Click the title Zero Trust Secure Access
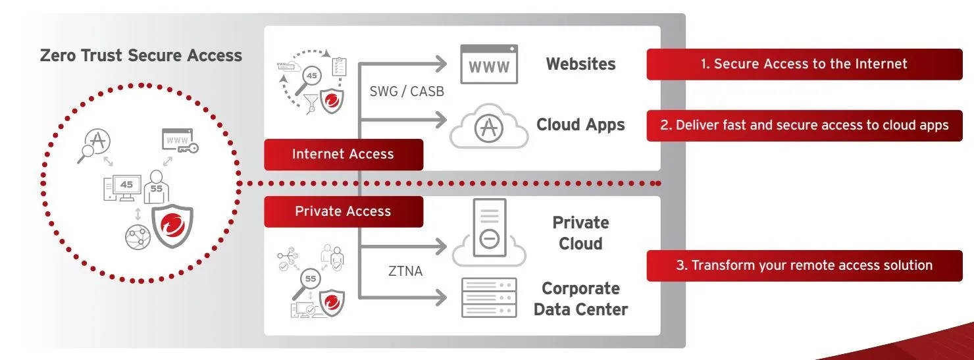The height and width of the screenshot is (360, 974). pos(141,55)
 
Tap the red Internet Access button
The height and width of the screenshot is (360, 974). pos(343,154)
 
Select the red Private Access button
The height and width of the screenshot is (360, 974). pos(343,211)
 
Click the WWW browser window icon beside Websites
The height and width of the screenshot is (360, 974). pos(488,64)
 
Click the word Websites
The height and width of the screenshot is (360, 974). pos(580,64)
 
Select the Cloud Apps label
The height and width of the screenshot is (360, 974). pos(580,124)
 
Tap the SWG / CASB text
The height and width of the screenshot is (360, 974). pos(407,91)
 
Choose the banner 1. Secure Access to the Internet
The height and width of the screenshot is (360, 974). pos(804,64)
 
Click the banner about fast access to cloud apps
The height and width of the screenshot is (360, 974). pos(804,125)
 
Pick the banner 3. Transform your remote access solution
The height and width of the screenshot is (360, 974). pos(804,265)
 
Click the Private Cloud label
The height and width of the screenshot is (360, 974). pos(580,233)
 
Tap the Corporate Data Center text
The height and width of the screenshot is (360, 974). pos(580,299)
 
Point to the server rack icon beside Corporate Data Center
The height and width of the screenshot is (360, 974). pos(488,297)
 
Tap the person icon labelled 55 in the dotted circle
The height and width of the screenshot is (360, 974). pos(156,186)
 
